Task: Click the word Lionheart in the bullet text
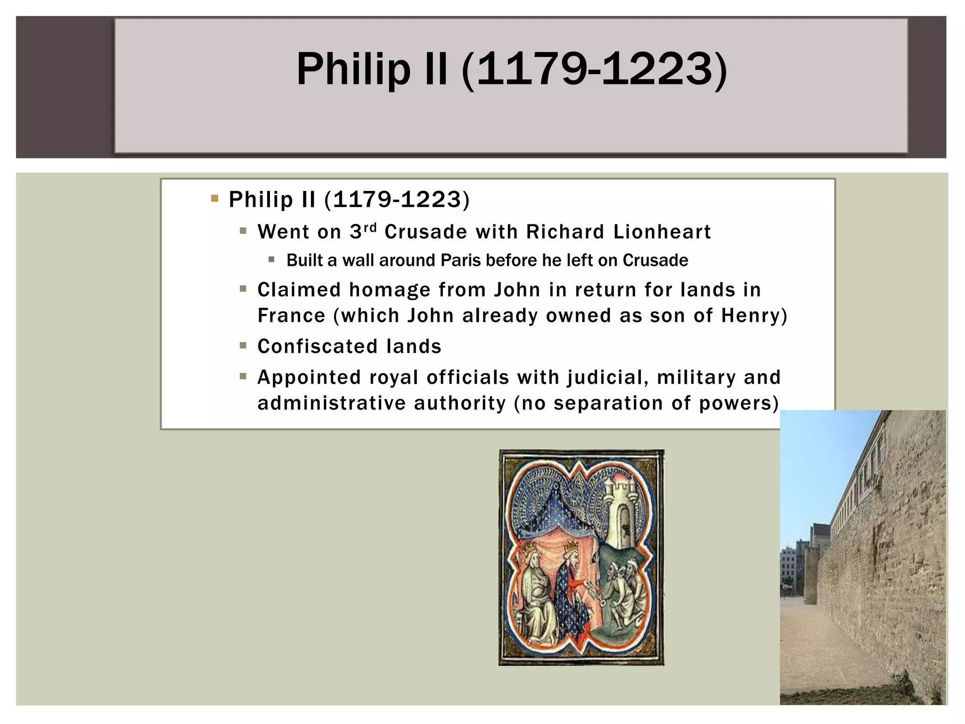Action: (662, 232)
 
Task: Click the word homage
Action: (390, 290)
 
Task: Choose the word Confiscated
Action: (318, 346)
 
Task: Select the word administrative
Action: (332, 403)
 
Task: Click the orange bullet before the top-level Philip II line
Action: (215, 198)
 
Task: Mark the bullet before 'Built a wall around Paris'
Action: (271, 259)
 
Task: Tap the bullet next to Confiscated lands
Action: (243, 346)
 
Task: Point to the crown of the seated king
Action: (530, 550)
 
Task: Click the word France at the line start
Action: (291, 316)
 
